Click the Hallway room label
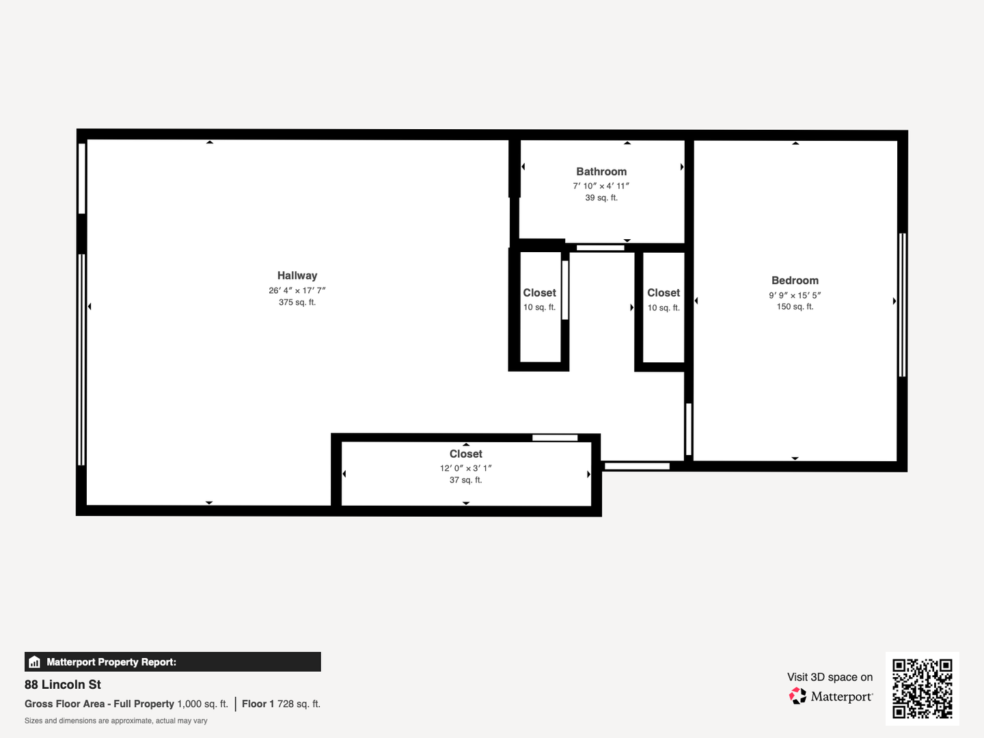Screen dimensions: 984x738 pyautogui.click(x=297, y=275)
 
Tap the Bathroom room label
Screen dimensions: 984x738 pyautogui.click(x=601, y=172)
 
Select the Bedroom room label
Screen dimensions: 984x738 pyautogui.click(x=795, y=280)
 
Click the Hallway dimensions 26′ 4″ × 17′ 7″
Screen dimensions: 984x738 pyautogui.click(x=297, y=290)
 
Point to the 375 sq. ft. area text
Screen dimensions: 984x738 pyautogui.click(x=297, y=303)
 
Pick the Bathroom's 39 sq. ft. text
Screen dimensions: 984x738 pyautogui.click(x=601, y=197)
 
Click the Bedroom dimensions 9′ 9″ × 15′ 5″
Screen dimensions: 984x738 pyautogui.click(x=795, y=295)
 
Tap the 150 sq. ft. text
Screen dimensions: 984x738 pyautogui.click(x=795, y=307)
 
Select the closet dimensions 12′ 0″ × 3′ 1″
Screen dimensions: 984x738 pyautogui.click(x=466, y=468)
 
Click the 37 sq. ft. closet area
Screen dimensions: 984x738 pyautogui.click(x=466, y=480)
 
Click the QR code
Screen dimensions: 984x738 pyautogui.click(x=922, y=688)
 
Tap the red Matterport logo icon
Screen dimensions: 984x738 pyautogui.click(x=797, y=696)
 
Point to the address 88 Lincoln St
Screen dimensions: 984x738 pyautogui.click(x=63, y=685)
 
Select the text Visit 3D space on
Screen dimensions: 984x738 pyautogui.click(x=830, y=677)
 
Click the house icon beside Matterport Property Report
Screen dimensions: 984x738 pyautogui.click(x=35, y=662)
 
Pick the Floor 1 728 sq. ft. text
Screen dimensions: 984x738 pyautogui.click(x=281, y=704)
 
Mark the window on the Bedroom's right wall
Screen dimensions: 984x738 pyautogui.click(x=903, y=305)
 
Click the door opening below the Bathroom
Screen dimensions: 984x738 pyautogui.click(x=600, y=248)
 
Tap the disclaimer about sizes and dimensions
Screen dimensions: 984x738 pyautogui.click(x=115, y=721)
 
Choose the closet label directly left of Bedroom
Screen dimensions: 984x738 pyautogui.click(x=664, y=293)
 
